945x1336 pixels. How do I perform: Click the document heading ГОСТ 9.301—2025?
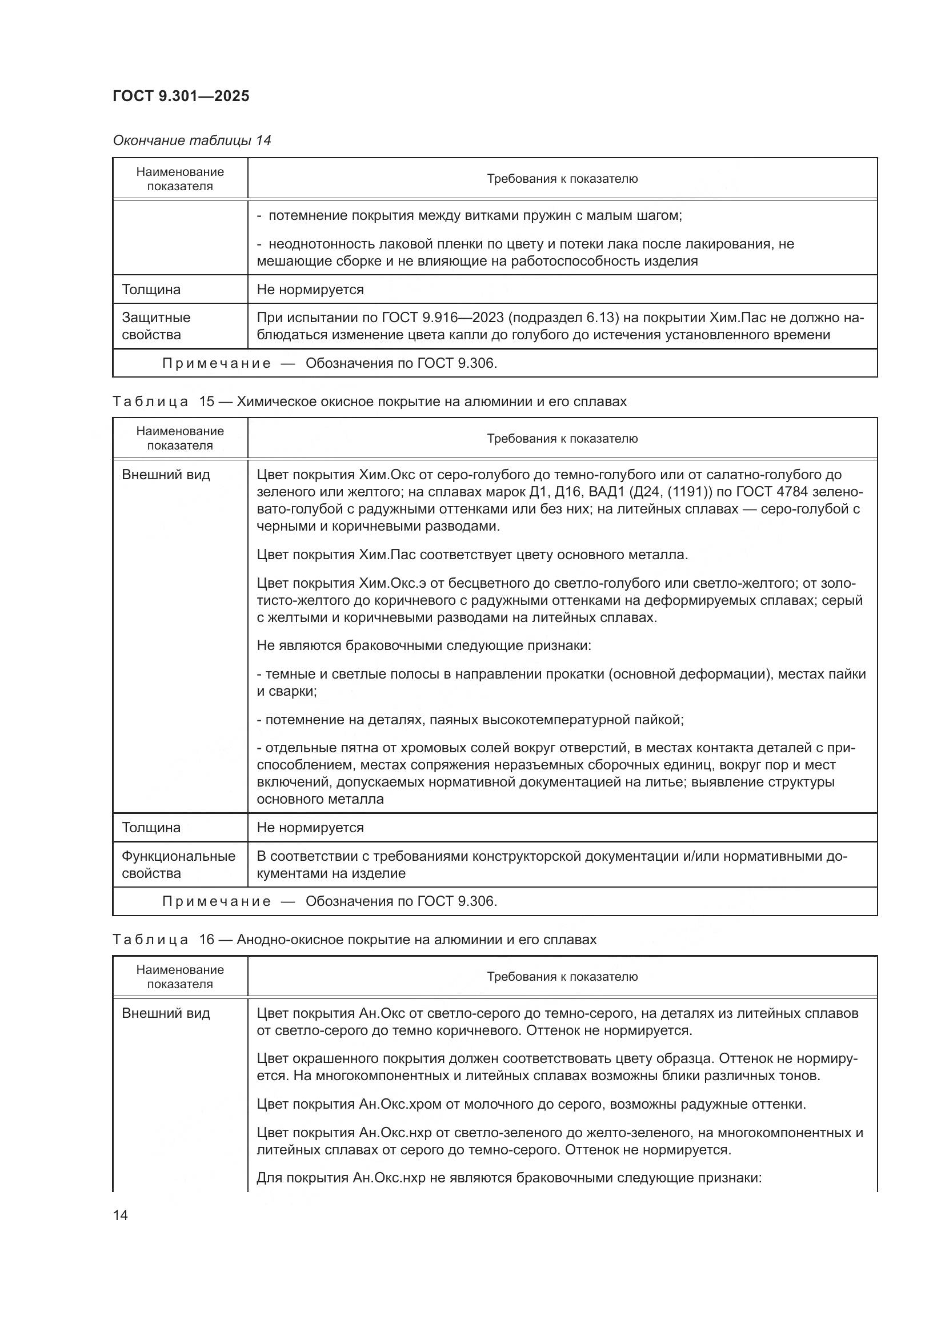(181, 96)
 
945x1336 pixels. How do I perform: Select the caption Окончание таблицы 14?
(191, 141)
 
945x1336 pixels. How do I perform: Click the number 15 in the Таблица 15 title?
(207, 402)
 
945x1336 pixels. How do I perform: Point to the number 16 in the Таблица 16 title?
(207, 940)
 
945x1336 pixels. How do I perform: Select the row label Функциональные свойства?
(178, 864)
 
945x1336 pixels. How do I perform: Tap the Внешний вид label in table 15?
(166, 475)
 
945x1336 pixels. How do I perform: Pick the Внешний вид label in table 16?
(166, 1013)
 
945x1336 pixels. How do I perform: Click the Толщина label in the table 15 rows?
(151, 828)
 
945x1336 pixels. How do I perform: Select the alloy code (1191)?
(688, 492)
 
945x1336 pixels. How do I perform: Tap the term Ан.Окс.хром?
(392, 1104)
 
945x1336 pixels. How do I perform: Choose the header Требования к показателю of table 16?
(562, 976)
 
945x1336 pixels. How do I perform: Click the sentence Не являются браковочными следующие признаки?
(423, 645)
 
